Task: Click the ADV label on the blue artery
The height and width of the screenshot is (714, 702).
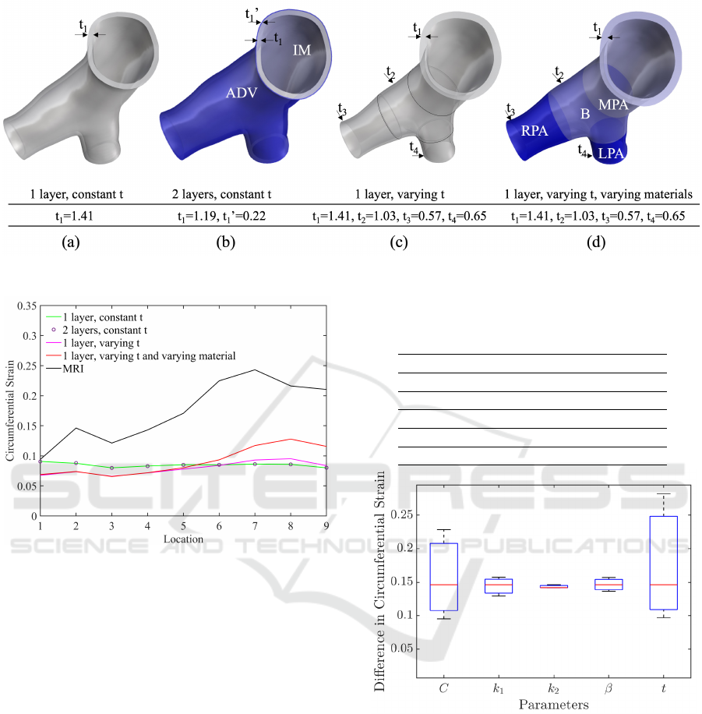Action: pyautogui.click(x=242, y=93)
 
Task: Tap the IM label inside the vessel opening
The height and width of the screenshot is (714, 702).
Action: pyautogui.click(x=302, y=50)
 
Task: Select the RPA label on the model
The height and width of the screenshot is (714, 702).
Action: pyautogui.click(x=534, y=131)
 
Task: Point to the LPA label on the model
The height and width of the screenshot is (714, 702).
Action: pyautogui.click(x=611, y=154)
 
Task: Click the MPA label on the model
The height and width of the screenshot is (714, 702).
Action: pyautogui.click(x=613, y=104)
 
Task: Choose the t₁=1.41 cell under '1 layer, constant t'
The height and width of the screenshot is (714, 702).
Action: pyautogui.click(x=74, y=216)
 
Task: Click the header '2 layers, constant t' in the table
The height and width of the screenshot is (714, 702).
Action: pyautogui.click(x=221, y=194)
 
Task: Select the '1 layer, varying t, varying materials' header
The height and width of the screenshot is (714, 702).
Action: pyautogui.click(x=598, y=194)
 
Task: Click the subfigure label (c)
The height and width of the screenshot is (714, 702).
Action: pyautogui.click(x=399, y=242)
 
